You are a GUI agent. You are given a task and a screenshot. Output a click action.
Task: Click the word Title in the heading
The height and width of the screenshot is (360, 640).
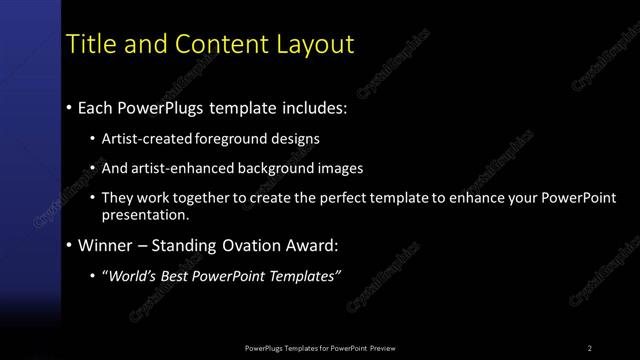pyautogui.click(x=86, y=44)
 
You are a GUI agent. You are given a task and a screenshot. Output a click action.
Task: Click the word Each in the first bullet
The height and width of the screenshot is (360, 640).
pyautogui.click(x=97, y=107)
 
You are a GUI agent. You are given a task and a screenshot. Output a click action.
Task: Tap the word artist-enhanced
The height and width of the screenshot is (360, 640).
pyautogui.click(x=183, y=168)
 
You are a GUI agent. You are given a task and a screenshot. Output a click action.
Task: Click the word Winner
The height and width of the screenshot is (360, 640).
pyautogui.click(x=108, y=245)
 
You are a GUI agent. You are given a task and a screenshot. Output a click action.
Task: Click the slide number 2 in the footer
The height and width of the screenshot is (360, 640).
pyautogui.click(x=590, y=348)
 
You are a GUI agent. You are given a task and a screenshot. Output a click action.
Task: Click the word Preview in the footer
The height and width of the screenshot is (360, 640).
pyautogui.click(x=383, y=348)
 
